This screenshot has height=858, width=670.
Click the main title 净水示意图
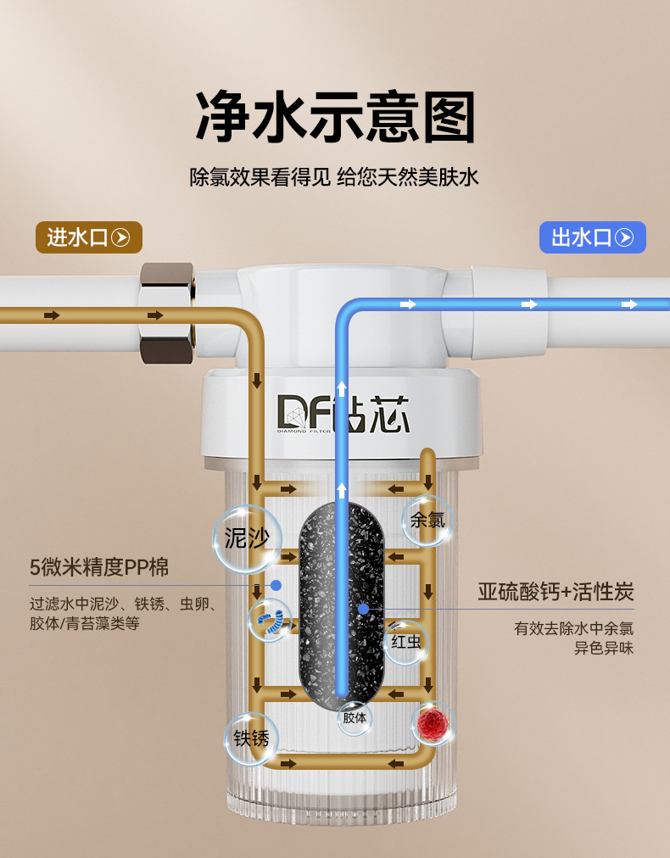click(x=335, y=116)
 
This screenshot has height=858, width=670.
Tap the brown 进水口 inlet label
click(x=88, y=237)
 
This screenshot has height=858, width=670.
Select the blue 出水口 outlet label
click(x=593, y=237)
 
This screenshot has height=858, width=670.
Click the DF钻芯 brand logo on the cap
click(x=343, y=413)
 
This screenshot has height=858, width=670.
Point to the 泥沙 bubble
click(x=246, y=538)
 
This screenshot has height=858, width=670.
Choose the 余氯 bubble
click(x=427, y=520)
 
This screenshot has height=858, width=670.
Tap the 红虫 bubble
click(x=406, y=642)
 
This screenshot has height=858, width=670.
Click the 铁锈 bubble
click(x=251, y=738)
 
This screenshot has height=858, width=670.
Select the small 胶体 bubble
click(x=355, y=717)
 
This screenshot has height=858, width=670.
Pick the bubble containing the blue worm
click(x=271, y=621)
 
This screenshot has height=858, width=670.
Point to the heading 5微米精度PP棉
click(x=99, y=567)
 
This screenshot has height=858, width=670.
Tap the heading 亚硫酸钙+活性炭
click(x=556, y=592)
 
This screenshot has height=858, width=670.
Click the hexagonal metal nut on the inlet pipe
click(x=166, y=313)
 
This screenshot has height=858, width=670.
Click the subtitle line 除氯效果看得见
click(x=260, y=178)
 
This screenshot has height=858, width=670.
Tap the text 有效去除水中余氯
click(x=573, y=629)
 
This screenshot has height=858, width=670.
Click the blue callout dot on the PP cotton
click(x=276, y=585)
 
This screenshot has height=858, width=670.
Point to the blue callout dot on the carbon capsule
click(x=363, y=608)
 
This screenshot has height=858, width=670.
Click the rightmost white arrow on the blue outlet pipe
click(x=628, y=304)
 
